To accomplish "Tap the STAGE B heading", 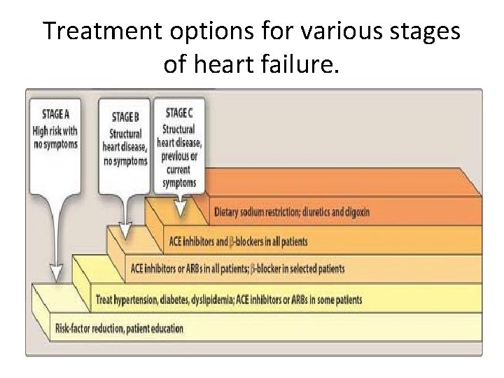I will (x=124, y=118).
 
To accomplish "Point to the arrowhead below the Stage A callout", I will (x=55, y=272).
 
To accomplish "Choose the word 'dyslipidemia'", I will (x=225, y=300).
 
